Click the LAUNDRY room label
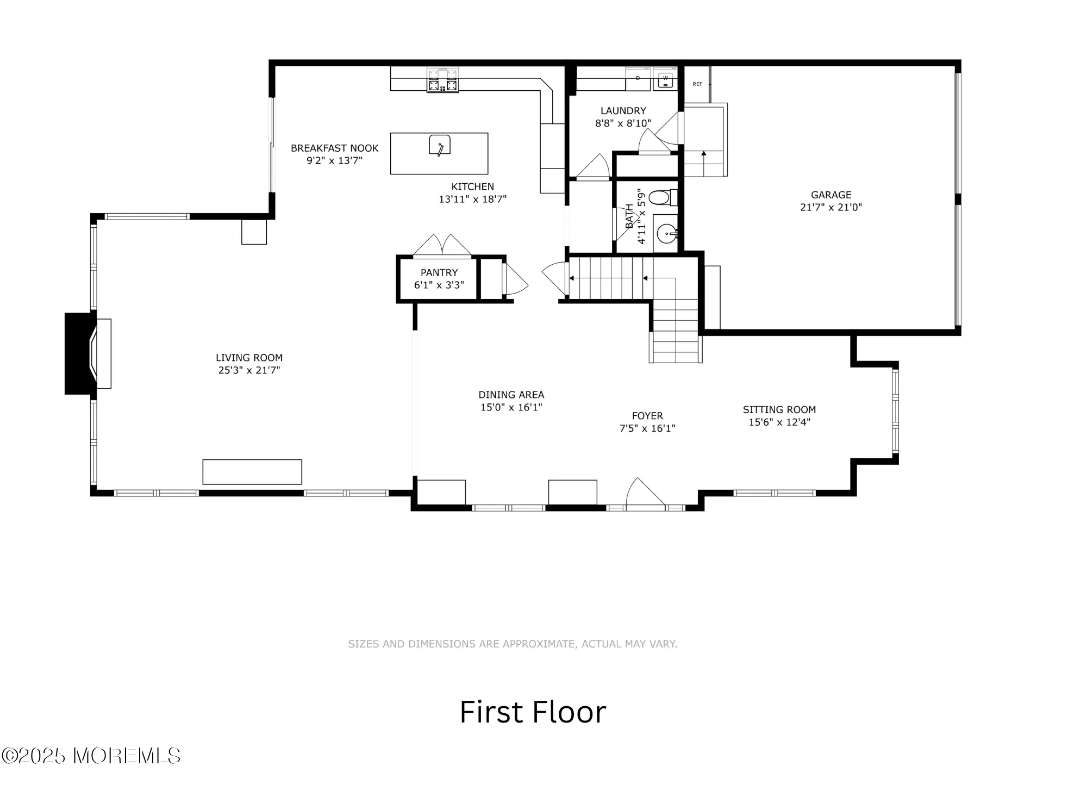623,111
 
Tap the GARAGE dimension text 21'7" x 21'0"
830,207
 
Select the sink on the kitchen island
439,146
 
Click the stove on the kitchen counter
442,81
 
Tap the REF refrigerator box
697,84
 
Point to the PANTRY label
439,273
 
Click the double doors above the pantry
442,245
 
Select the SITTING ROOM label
779,410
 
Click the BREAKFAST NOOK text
334,148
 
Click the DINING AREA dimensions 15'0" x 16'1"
511,407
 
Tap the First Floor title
532,712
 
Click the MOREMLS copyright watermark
91,756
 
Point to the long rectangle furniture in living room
252,472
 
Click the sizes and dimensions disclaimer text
512,644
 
